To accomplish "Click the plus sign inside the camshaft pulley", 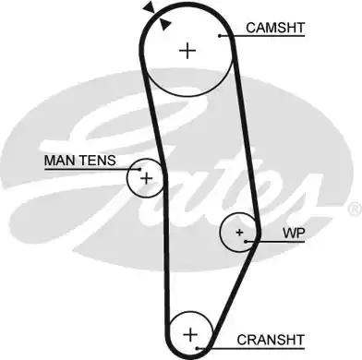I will click(x=188, y=50).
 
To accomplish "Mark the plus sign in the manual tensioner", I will click(x=146, y=175).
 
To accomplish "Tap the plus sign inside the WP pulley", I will click(x=240, y=232).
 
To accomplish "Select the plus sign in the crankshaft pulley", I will click(x=190, y=333).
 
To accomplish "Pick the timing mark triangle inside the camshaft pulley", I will click(x=164, y=24).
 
